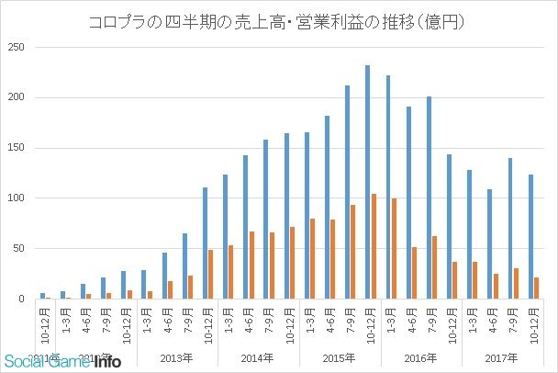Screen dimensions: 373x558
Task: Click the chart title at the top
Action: [x=279, y=19]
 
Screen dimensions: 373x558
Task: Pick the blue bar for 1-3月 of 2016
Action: [x=388, y=187]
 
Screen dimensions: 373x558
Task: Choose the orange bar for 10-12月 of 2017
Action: [x=537, y=288]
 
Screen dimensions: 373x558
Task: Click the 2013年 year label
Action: [x=176, y=358]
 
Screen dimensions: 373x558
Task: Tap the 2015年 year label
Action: [x=338, y=358]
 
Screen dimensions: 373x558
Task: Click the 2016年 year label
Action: [x=419, y=358]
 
